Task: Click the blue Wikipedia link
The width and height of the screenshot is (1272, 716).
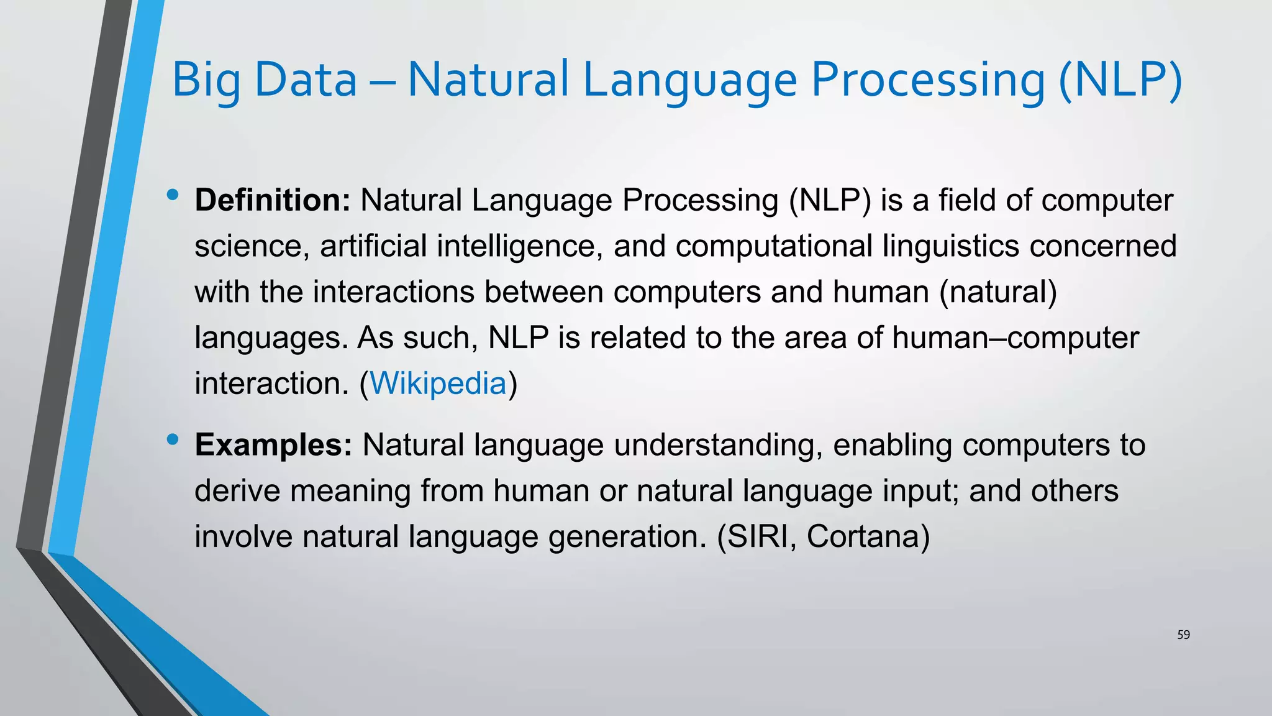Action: pos(438,383)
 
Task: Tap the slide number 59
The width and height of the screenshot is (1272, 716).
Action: pos(1183,635)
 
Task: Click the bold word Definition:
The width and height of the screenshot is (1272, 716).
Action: pos(273,201)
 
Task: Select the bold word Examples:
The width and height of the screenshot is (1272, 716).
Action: pos(273,445)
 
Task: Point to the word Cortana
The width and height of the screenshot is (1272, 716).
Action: pos(868,536)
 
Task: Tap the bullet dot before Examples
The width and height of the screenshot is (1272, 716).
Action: pos(173,440)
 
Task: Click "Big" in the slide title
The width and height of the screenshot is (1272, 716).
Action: pos(206,81)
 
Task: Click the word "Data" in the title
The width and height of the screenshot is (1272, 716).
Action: pos(306,81)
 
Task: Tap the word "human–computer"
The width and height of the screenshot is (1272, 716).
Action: pos(1015,338)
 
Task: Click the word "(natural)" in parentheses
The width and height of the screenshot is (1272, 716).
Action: pos(998,292)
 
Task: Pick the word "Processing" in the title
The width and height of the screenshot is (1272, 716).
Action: pos(928,81)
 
